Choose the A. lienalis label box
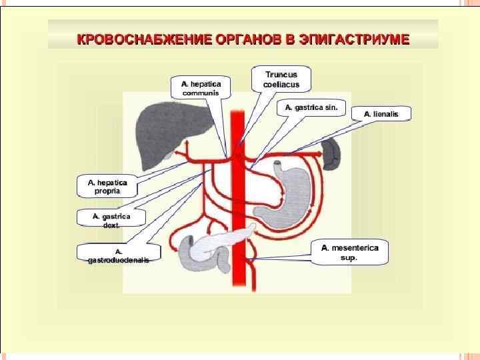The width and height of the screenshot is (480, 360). pyautogui.click(x=381, y=114)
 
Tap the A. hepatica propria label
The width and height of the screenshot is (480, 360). pyautogui.click(x=107, y=186)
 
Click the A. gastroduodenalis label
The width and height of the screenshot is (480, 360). pyautogui.click(x=119, y=255)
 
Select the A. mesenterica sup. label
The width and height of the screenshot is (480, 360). pyautogui.click(x=349, y=252)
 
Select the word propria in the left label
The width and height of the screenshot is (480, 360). pyautogui.click(x=107, y=191)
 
